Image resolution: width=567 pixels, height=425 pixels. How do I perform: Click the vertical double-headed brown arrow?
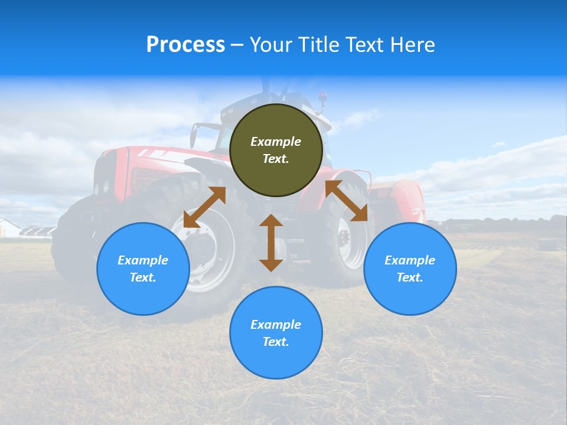coord(271,243)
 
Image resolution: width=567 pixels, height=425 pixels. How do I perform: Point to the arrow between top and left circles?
coord(204,207)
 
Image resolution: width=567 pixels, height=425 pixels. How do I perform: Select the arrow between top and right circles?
coord(347,201)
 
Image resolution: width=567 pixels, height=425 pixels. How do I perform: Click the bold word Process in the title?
coord(185,44)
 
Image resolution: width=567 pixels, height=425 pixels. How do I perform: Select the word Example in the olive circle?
coord(276,142)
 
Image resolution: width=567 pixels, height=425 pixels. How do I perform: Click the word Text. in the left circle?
coord(143,277)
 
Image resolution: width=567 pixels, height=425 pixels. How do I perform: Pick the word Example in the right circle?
coord(410,260)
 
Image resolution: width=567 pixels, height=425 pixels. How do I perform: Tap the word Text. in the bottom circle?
coord(276,342)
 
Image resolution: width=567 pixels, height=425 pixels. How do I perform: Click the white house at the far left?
coord(8,228)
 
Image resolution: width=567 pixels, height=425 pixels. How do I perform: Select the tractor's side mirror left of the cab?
coord(193,136)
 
